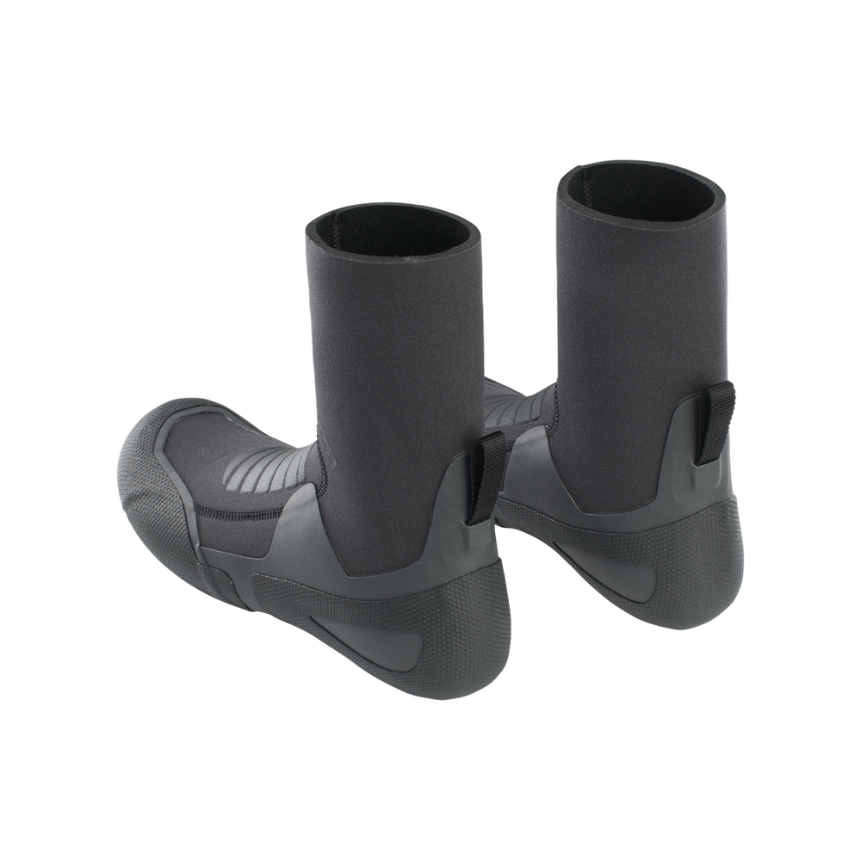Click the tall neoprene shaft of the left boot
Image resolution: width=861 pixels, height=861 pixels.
[396, 362]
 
